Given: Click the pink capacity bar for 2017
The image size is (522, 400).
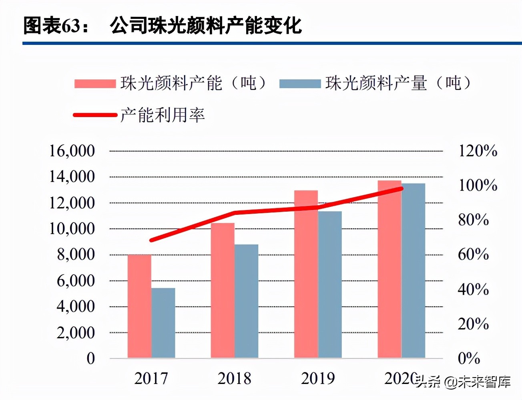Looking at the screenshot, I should point(139,306).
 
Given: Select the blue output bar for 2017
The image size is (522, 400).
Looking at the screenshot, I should point(163,323).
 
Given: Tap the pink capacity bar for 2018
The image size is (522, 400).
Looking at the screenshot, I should point(223,290).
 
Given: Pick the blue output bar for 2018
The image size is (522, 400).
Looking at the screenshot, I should point(247,301).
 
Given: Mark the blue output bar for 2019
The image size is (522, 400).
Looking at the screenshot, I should point(330,285).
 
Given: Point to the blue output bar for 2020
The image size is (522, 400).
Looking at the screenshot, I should point(413,271).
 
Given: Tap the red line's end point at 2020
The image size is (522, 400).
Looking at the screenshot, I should point(402,188).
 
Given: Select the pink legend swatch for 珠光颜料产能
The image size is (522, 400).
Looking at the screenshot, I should point(95,84).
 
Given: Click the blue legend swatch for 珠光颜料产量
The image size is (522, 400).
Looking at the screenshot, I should point(300,84).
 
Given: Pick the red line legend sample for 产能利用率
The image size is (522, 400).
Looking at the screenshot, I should point(95,115).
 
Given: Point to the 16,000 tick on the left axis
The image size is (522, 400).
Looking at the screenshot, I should point(72,151).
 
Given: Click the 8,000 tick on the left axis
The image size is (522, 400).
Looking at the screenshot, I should point(76,255).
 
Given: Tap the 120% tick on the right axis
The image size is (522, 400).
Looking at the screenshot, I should point(478,151).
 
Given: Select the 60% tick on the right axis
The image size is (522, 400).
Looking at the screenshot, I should point(473,255).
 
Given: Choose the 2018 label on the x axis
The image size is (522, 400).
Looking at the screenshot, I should point(234,378).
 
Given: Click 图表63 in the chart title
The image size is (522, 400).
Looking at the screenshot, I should point(52,26).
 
